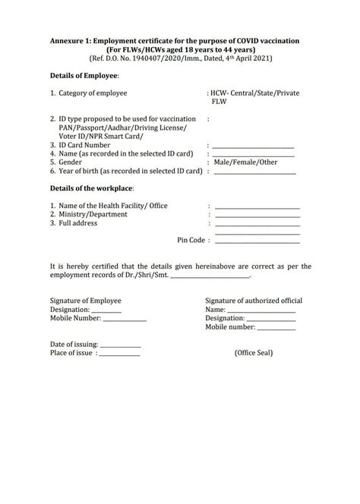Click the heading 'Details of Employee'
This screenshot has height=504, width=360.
(84, 77)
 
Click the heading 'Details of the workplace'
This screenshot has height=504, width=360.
(91, 187)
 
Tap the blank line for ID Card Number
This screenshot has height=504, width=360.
(253, 146)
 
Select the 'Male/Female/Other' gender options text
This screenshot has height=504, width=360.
(245, 162)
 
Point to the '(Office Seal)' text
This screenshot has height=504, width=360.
(254, 353)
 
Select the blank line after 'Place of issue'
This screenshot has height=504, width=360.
(119, 354)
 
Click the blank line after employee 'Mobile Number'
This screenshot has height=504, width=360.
(125, 320)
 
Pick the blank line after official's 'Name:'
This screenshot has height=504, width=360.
(261, 311)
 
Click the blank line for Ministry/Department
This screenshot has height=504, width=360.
(257, 216)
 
